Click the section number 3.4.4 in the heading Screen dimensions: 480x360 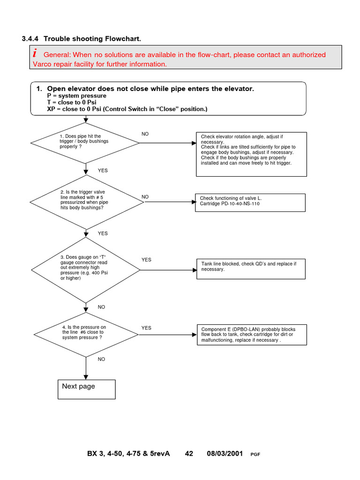coord(30,38)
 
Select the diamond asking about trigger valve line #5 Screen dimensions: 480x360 coord(86,202)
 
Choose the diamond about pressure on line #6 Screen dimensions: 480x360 coord(86,334)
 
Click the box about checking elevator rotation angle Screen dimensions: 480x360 coord(251,154)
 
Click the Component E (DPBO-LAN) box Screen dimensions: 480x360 coord(251,335)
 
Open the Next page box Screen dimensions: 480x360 coord(87,389)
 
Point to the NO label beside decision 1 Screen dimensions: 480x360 coord(145,134)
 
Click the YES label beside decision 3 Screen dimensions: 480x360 coord(146,260)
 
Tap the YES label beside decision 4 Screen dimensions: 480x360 coord(146,328)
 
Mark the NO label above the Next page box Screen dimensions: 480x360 coord(101,359)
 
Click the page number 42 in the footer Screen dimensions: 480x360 coord(189,454)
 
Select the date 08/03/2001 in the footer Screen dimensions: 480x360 coord(225,454)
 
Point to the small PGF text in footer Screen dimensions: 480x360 coord(255,455)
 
